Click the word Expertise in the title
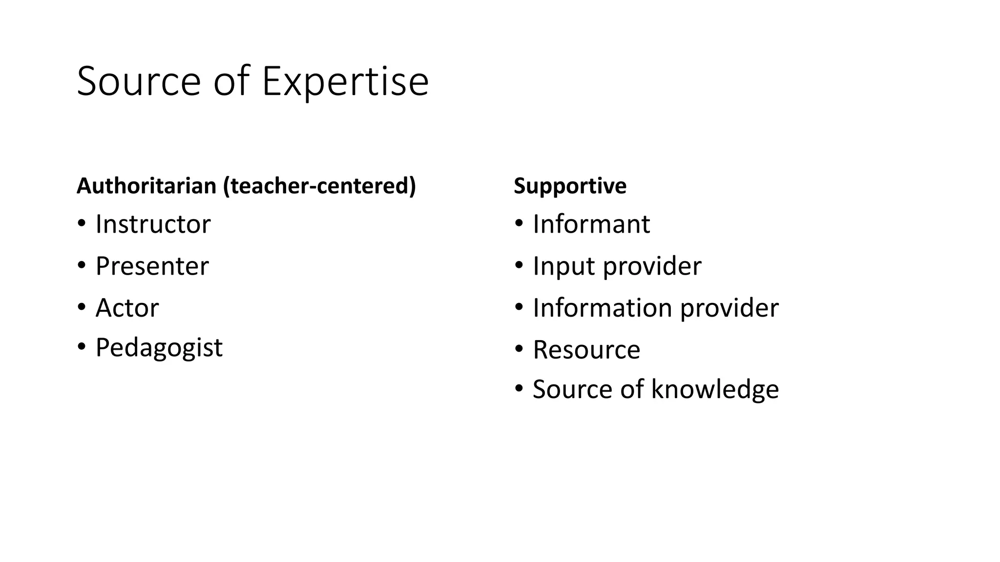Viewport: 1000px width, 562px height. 345,82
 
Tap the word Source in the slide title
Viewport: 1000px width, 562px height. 139,81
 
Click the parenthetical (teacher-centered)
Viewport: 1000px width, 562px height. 319,186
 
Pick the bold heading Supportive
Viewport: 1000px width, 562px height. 570,186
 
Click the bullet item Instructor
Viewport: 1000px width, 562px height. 153,224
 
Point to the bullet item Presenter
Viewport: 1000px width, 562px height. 152,266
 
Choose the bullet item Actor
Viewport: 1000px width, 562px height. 127,308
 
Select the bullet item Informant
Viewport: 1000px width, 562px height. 591,224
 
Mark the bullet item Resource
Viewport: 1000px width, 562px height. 586,350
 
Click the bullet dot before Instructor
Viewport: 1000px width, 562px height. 82,224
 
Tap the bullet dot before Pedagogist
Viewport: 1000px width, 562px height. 82,347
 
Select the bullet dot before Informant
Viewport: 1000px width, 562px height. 519,224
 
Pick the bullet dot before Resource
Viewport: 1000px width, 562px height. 519,349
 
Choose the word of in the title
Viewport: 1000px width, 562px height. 231,81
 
